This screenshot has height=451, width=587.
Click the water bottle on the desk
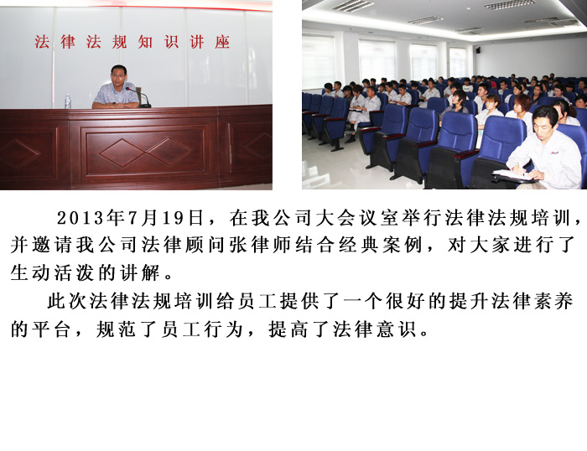click(x=68, y=101)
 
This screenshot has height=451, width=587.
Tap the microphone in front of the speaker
click(x=139, y=97)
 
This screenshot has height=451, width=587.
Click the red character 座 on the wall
click(x=222, y=42)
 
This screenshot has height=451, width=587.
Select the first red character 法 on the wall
click(x=42, y=42)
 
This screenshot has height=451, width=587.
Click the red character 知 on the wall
click(x=145, y=42)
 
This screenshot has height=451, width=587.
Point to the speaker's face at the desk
click(x=119, y=77)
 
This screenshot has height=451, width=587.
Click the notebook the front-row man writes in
click(x=514, y=175)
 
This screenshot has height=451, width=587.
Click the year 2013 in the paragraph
click(x=81, y=218)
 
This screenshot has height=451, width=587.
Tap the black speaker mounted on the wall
click(x=478, y=49)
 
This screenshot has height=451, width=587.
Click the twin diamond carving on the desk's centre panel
click(x=145, y=152)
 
